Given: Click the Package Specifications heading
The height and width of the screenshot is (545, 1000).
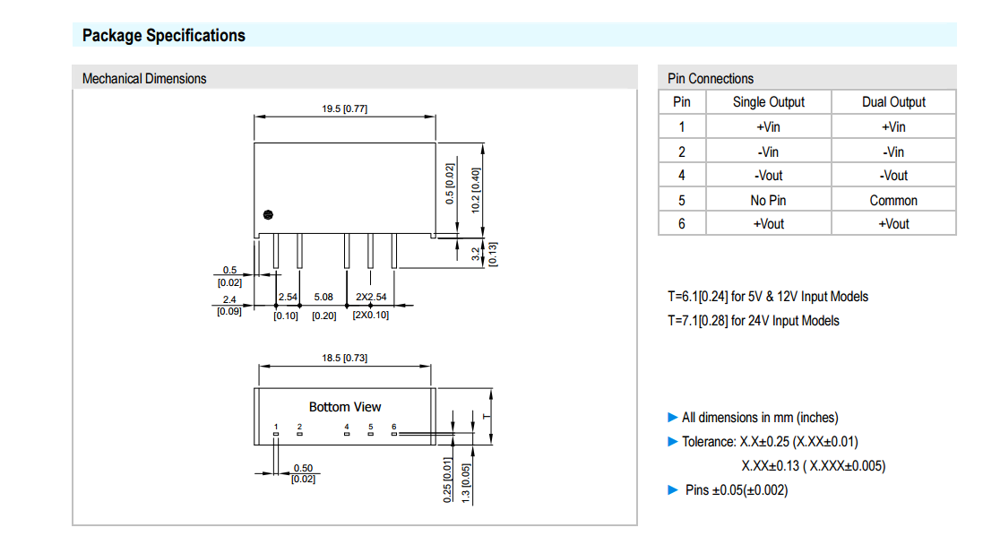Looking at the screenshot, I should click(x=163, y=36).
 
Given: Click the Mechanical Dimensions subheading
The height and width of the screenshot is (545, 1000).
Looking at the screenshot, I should click(x=144, y=79).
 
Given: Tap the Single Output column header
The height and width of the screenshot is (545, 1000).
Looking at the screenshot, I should click(x=769, y=102).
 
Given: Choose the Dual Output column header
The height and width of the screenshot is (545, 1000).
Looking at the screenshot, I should click(x=893, y=102).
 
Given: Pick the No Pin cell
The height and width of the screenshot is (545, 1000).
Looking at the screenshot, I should click(x=769, y=200).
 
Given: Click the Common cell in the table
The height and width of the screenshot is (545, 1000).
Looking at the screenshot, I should click(x=893, y=200).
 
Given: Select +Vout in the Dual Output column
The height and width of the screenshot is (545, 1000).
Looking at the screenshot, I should click(x=893, y=224).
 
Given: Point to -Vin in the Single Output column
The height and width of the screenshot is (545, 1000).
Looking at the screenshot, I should click(x=769, y=151).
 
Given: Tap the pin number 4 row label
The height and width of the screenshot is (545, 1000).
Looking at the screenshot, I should click(x=682, y=176).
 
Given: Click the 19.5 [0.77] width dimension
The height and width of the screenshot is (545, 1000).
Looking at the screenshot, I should click(x=345, y=108).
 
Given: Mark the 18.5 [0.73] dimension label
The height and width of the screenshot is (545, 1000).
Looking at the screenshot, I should click(x=345, y=358).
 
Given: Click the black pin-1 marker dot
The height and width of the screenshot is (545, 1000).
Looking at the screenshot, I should click(x=268, y=214).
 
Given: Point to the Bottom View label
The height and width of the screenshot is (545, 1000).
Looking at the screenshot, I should click(x=345, y=407).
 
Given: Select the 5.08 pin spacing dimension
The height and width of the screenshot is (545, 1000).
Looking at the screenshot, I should click(x=323, y=297).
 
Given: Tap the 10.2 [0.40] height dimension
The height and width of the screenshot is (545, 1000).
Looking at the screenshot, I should click(x=476, y=189).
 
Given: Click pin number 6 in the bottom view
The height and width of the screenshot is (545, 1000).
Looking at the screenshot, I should click(x=393, y=427).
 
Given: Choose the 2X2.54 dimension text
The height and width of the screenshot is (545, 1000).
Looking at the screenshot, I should click(x=371, y=297).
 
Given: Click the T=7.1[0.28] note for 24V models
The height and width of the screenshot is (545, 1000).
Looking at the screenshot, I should click(x=754, y=321).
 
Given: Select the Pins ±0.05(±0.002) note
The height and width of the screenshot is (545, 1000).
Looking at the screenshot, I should click(x=736, y=489).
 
